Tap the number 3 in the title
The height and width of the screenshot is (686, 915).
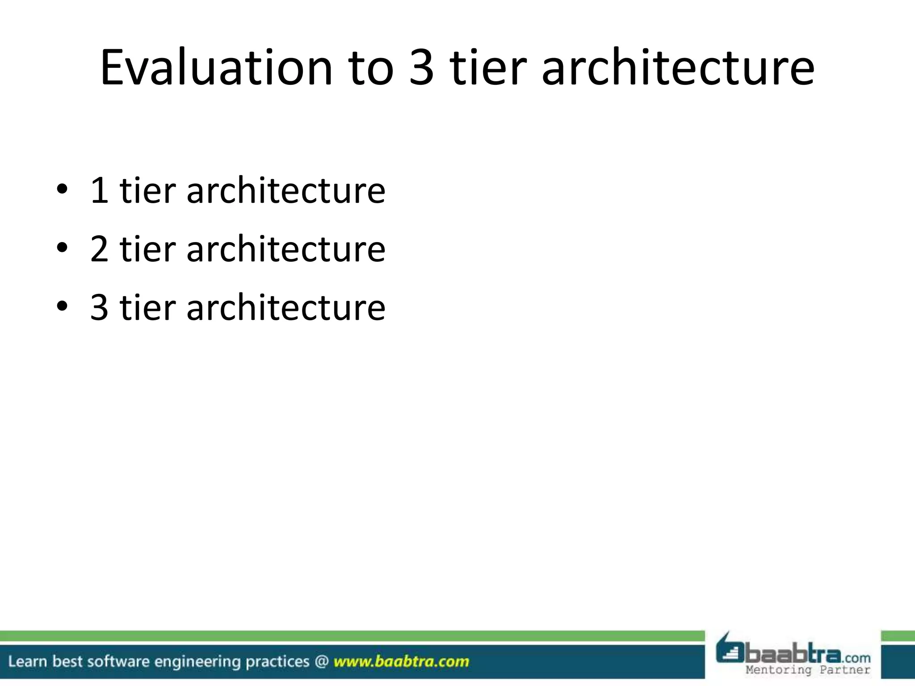(x=421, y=68)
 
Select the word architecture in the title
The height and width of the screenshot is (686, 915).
(x=678, y=68)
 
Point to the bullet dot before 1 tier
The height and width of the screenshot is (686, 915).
(x=62, y=189)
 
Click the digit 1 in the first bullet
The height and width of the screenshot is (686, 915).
(x=99, y=191)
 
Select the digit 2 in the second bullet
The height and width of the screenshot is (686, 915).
(x=99, y=249)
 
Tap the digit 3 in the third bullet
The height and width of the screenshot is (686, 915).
(x=99, y=308)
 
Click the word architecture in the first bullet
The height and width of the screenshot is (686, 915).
(x=286, y=191)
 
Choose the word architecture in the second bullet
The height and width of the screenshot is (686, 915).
(x=286, y=249)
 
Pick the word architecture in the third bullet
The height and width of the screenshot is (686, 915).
(x=286, y=308)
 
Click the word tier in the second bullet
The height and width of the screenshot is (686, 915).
(x=147, y=249)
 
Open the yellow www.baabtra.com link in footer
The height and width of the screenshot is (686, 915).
(x=401, y=661)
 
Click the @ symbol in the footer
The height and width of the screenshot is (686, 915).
(x=321, y=661)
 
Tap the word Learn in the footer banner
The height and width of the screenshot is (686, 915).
(x=27, y=661)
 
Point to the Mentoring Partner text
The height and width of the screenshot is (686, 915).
(x=808, y=670)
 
